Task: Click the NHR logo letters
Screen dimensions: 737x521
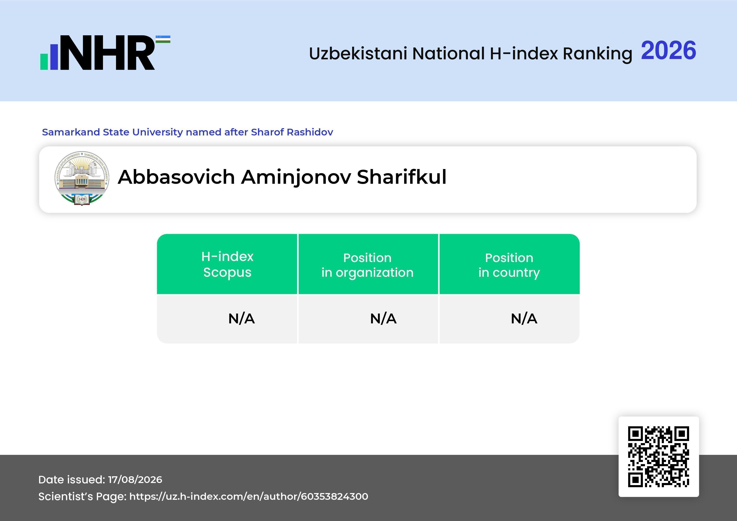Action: pyautogui.click(x=108, y=53)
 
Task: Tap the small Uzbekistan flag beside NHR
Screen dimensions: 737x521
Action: pyautogui.click(x=163, y=39)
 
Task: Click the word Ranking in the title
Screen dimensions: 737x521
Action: pyautogui.click(x=597, y=54)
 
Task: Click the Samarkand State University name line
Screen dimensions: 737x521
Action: pyautogui.click(x=187, y=132)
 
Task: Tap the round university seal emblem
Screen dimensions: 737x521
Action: pyautogui.click(x=82, y=178)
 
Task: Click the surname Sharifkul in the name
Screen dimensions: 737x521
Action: pyautogui.click(x=401, y=177)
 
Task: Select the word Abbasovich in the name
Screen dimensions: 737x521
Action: pyautogui.click(x=176, y=177)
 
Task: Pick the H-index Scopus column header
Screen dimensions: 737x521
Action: pyautogui.click(x=227, y=264)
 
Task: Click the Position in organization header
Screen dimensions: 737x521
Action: pyautogui.click(x=367, y=265)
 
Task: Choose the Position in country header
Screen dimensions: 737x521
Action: pyautogui.click(x=509, y=265)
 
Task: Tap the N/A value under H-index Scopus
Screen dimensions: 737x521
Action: pyautogui.click(x=241, y=319)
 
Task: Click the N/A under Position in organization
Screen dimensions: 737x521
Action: pyautogui.click(x=383, y=319)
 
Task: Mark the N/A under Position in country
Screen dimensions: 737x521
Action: pyautogui.click(x=524, y=319)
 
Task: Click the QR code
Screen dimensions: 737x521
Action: pyautogui.click(x=659, y=457)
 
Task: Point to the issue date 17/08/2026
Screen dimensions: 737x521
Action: pyautogui.click(x=135, y=480)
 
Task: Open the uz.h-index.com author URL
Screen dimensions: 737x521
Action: pyautogui.click(x=249, y=496)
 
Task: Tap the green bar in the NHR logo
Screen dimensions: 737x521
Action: pyautogui.click(x=44, y=62)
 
